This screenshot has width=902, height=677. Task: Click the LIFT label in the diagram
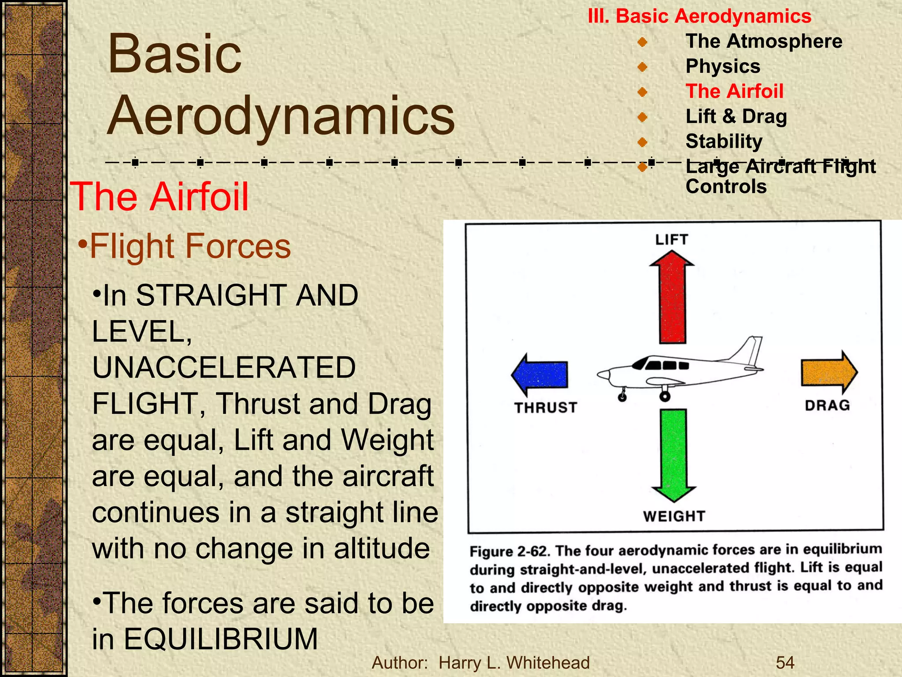671,240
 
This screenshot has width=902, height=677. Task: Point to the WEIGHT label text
674,516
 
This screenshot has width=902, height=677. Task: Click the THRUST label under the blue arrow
546,408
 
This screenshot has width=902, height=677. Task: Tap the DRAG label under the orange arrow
827,405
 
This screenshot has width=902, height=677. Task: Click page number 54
785,662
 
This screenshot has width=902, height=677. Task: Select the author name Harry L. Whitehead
514,662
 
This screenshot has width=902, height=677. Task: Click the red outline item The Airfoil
734,91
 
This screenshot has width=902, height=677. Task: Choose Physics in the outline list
723,67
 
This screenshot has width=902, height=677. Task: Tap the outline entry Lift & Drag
736,116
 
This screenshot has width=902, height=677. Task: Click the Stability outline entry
724,141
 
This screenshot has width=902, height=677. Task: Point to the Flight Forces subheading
190,246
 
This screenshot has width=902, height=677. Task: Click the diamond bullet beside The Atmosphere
643,42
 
